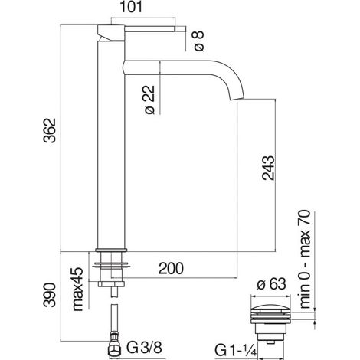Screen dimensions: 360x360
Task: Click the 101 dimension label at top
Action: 131,7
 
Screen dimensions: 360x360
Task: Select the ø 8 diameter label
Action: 198,41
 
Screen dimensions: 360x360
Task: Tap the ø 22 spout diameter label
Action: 149,100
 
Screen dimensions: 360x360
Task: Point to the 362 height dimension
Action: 49,129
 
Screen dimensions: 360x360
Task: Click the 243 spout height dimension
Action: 268,168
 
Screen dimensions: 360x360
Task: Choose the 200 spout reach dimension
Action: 171,268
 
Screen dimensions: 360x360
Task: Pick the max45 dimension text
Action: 78,289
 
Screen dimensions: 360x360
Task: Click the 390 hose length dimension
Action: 49,294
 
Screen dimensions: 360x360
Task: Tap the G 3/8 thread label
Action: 144,348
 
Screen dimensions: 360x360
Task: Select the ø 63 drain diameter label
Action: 271,284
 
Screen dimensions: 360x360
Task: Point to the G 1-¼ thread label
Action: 235,350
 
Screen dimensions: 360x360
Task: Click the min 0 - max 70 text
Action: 305,259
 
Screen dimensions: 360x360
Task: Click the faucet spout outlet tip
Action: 237,99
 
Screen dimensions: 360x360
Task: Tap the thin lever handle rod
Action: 149,28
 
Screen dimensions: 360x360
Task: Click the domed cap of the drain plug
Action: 271,306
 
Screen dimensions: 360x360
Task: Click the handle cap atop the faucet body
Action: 111,32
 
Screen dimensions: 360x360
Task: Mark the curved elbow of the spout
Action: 232,74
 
